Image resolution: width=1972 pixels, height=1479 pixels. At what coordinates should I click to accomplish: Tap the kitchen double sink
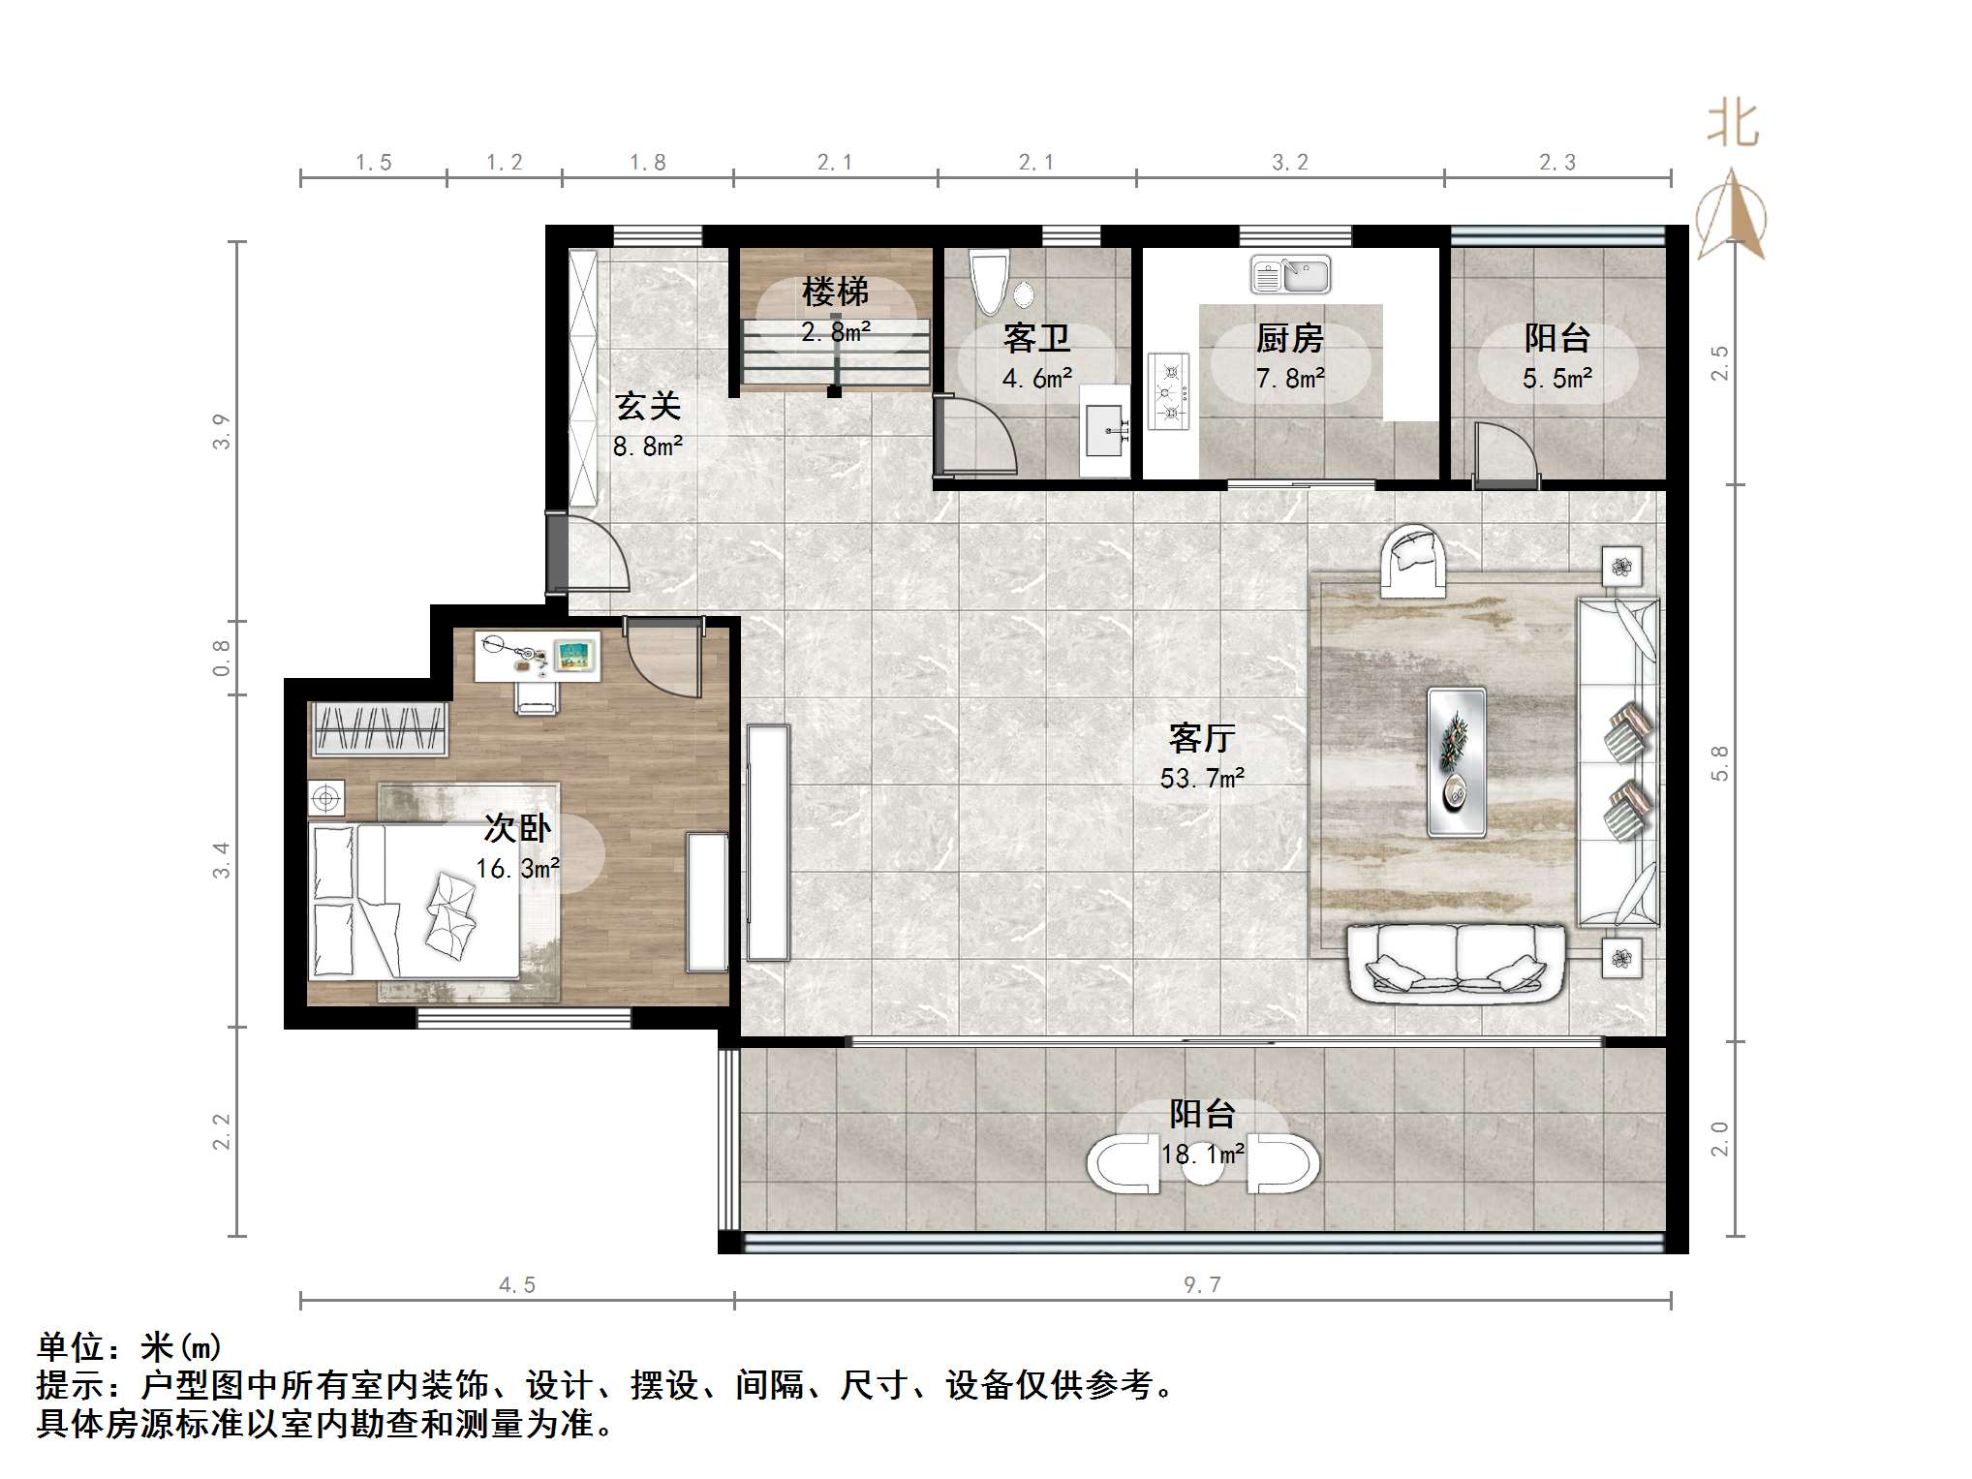point(1290,275)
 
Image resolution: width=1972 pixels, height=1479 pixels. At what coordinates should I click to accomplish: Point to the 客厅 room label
point(1202,738)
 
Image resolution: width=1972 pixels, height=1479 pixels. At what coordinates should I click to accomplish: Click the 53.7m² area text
point(1202,778)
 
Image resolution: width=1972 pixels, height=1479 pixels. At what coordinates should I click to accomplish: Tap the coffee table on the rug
point(1457,762)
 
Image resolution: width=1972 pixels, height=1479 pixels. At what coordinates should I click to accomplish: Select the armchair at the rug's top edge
point(1412,561)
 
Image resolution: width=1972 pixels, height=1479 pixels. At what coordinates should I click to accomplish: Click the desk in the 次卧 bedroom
point(538,656)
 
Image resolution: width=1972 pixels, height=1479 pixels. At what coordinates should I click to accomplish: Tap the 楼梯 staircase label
point(835,292)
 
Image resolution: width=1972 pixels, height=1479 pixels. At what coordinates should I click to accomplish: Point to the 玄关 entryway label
point(648,406)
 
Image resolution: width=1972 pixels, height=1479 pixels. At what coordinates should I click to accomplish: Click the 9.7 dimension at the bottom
point(1202,1284)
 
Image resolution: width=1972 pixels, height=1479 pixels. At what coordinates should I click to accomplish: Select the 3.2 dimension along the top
point(1289,163)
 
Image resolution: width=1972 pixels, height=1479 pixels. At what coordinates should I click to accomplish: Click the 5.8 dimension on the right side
point(1719,762)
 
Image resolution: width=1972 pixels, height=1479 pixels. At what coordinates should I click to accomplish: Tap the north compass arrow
point(1731,215)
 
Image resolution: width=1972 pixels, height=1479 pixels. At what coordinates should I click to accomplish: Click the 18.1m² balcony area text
point(1202,1155)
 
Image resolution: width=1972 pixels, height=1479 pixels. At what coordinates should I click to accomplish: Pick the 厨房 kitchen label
point(1289,339)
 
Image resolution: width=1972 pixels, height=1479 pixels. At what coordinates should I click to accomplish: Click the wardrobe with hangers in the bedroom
point(379,728)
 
